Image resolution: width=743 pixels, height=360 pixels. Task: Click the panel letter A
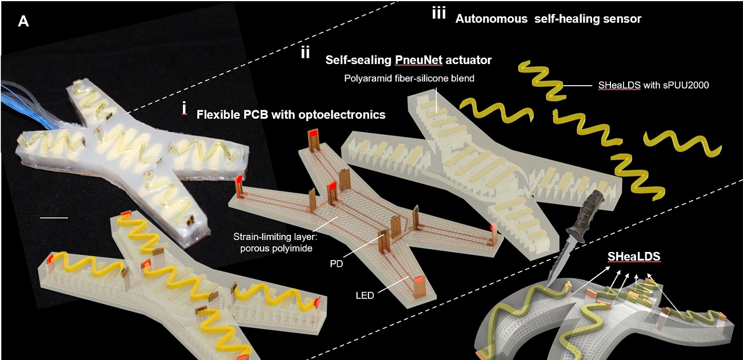[23, 22]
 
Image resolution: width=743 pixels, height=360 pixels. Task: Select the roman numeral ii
[305, 53]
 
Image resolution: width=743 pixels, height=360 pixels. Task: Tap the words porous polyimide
[284, 247]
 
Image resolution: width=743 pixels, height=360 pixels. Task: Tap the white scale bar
[54, 218]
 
